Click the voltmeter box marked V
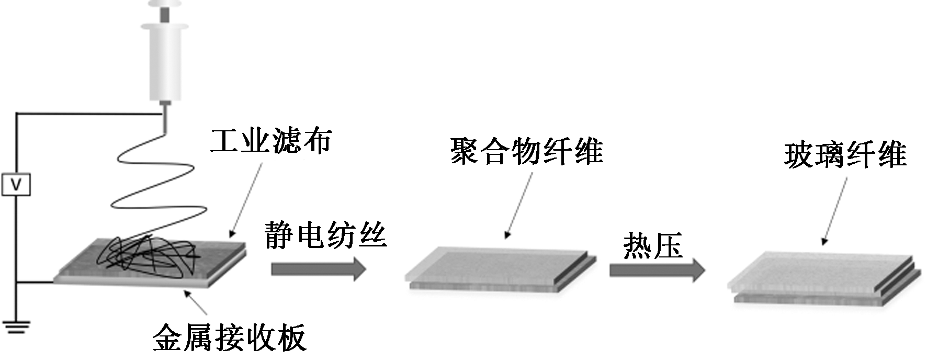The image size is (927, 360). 16,185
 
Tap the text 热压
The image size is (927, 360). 653,245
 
